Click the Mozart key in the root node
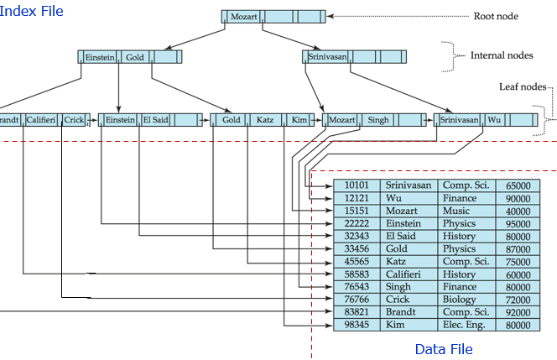point(243,16)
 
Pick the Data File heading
point(444,349)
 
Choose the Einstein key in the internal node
point(100,57)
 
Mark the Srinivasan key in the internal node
point(327,57)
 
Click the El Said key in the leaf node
point(154,120)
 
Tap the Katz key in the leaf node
point(265,120)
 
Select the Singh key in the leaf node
point(377,120)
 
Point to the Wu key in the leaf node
point(495,120)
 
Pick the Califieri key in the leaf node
point(41,120)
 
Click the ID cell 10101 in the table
point(357,185)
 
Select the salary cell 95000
point(518,223)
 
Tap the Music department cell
point(456,211)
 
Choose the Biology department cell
point(459,299)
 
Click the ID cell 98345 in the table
point(357,324)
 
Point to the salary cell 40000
point(518,211)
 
